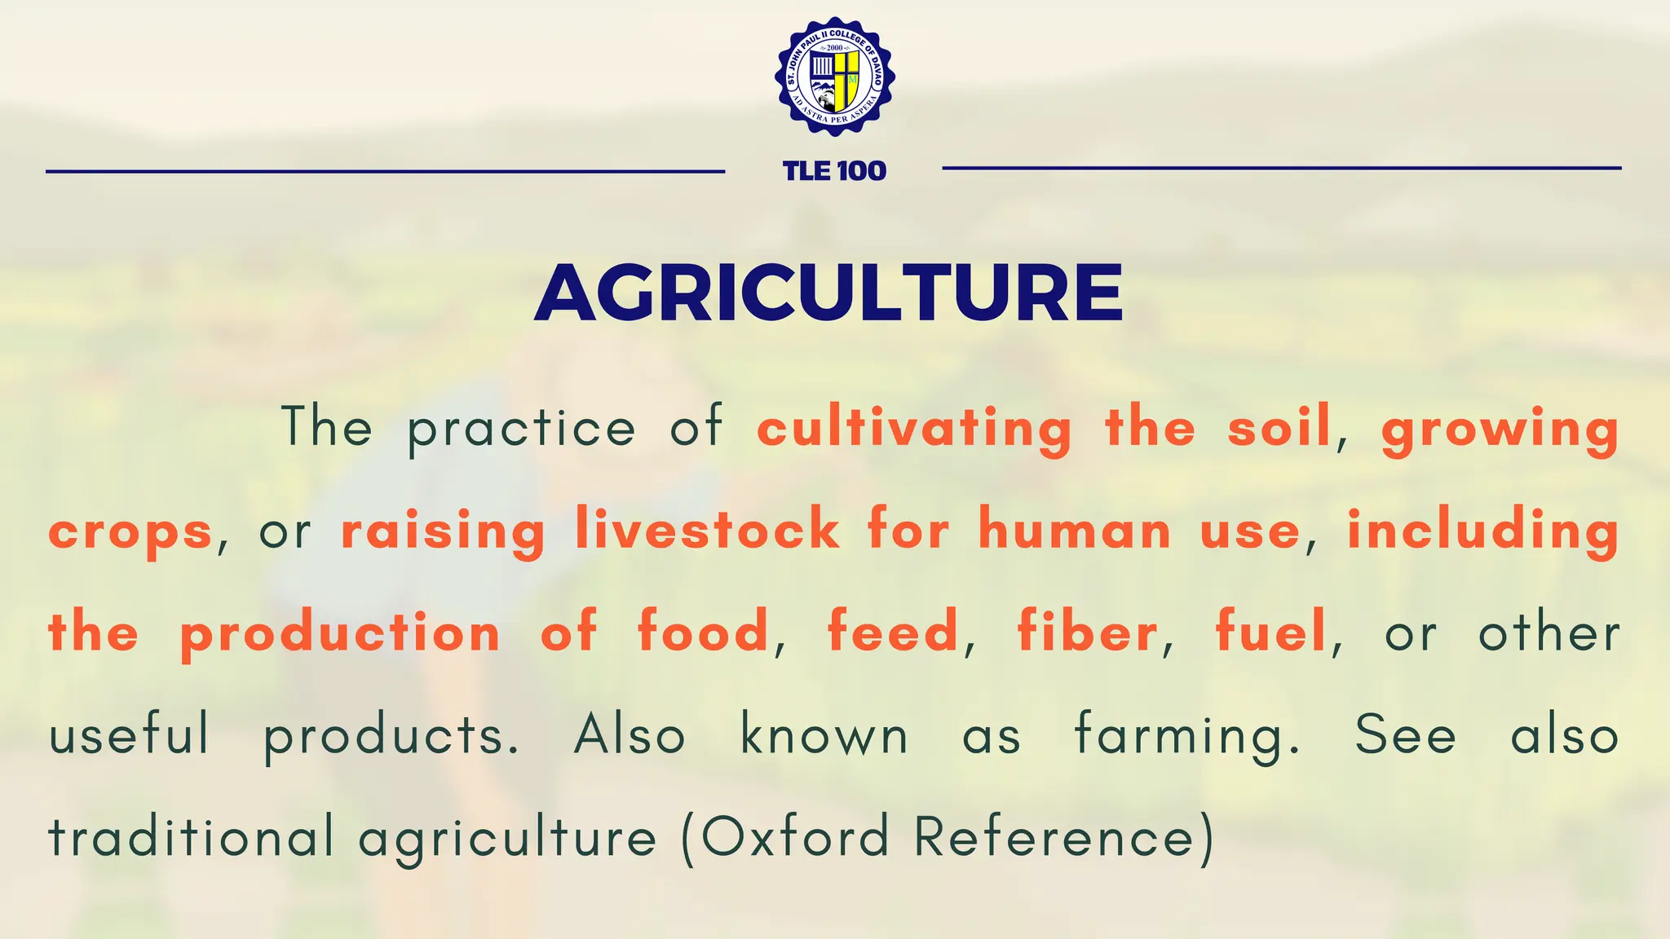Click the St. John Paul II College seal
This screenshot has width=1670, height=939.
pyautogui.click(x=834, y=77)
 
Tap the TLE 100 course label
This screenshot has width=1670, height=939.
pyautogui.click(x=834, y=171)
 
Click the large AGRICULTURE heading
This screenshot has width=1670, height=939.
pyautogui.click(x=828, y=293)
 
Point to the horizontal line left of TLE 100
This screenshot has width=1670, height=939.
pyautogui.click(x=385, y=171)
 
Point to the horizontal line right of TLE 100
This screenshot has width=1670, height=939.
pyautogui.click(x=1281, y=168)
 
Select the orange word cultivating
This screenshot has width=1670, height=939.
pyautogui.click(x=914, y=428)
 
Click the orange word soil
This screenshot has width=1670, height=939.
pyautogui.click(x=1279, y=428)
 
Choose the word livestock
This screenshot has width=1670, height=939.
pyautogui.click(x=707, y=529)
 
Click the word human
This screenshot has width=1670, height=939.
pyautogui.click(x=1075, y=529)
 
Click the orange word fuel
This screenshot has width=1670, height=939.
pyautogui.click(x=1271, y=632)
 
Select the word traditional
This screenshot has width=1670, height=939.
pyautogui.click(x=191, y=836)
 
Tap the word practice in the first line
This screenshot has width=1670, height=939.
pyautogui.click(x=521, y=428)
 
